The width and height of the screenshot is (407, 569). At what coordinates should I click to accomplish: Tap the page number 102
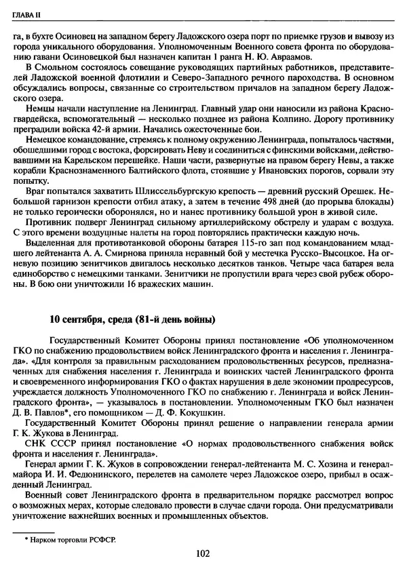[x=201, y=553]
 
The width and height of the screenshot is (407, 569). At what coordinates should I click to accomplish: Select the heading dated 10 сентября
[x=132, y=319]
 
